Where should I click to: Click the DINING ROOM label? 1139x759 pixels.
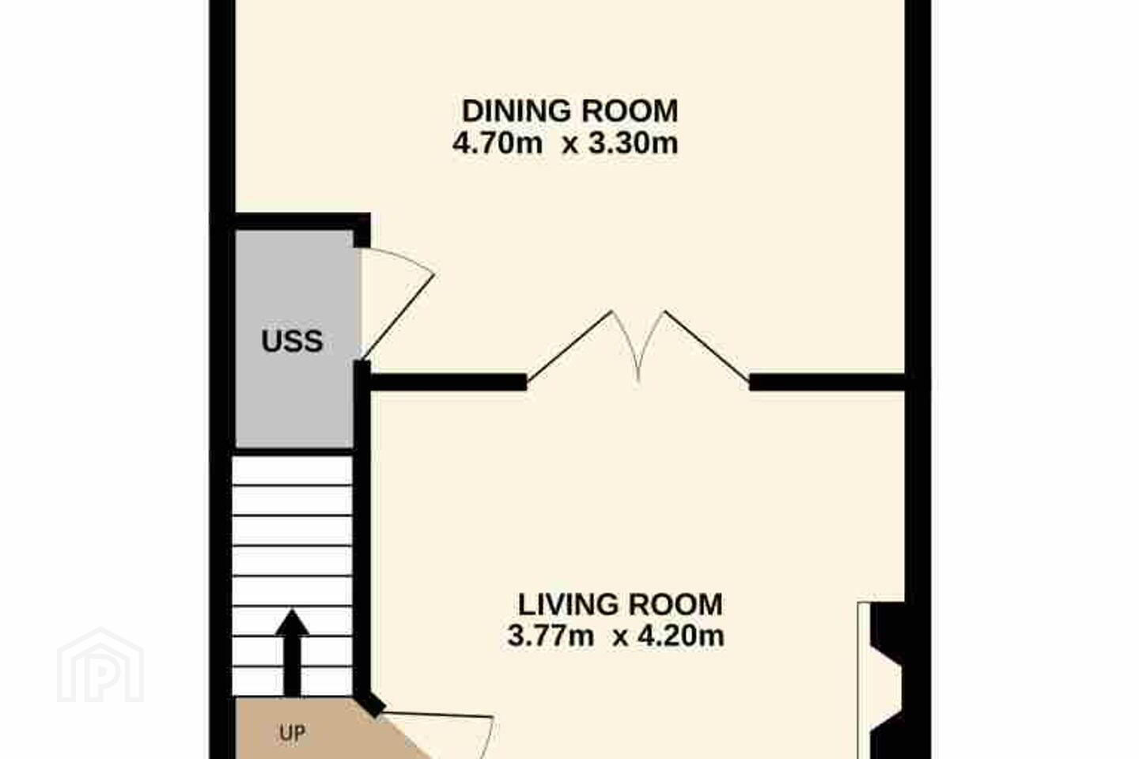click(570, 111)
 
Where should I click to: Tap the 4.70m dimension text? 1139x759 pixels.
click(498, 143)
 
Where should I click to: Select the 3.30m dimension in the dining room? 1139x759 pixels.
click(633, 143)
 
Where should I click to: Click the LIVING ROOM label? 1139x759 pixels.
click(620, 605)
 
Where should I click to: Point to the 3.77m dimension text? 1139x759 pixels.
click(551, 636)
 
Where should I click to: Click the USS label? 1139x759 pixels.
click(292, 341)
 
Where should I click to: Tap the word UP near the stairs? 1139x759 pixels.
click(293, 733)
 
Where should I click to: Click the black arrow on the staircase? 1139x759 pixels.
click(292, 652)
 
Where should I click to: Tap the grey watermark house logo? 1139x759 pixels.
click(100, 665)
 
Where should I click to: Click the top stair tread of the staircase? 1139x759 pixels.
click(293, 470)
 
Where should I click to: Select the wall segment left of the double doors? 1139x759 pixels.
click(448, 383)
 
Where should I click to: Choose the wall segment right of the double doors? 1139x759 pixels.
click(827, 383)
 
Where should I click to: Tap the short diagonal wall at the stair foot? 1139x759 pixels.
click(369, 704)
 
